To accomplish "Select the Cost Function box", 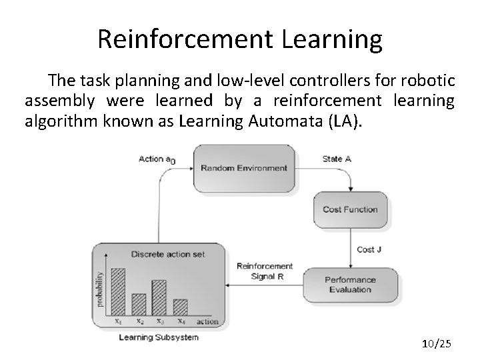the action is [350, 209].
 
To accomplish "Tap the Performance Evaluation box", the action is [350, 285].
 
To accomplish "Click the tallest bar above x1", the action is [117, 291].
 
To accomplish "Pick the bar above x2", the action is [139, 304].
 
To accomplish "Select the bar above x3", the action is [159, 297].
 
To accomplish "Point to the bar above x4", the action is [180, 307].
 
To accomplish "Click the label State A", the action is [337, 159].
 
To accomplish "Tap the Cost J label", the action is [370, 249].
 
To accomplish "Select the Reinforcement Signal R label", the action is [264, 271].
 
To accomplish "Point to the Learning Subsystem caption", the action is [158, 337].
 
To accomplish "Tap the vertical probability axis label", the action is [101, 289].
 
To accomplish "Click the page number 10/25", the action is [437, 343].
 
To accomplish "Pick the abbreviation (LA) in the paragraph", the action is [347, 123].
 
